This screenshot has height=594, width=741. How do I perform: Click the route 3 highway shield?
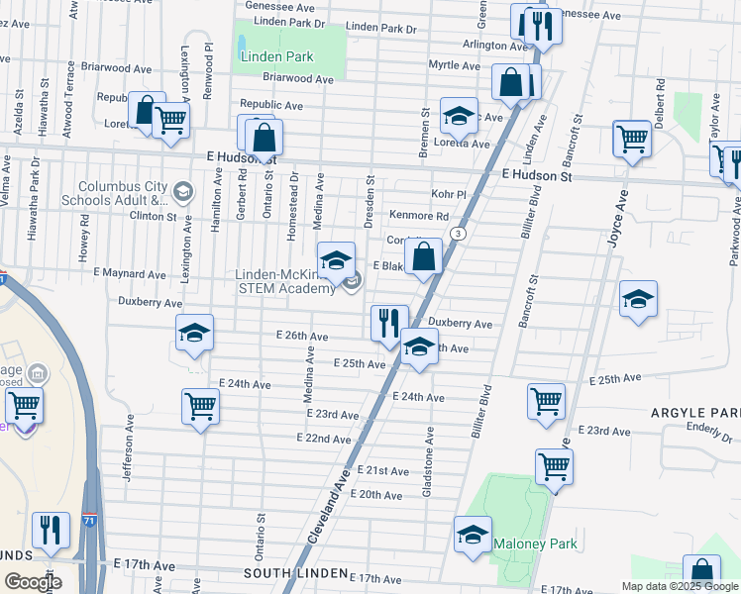click(x=458, y=233)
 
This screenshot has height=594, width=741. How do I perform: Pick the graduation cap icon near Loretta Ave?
click(x=458, y=116)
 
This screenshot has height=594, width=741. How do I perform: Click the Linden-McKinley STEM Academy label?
click(x=285, y=281)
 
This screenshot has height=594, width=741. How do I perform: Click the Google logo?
click(x=32, y=582)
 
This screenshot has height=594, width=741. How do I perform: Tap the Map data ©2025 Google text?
click(x=680, y=586)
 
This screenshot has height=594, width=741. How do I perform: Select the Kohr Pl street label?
click(x=448, y=194)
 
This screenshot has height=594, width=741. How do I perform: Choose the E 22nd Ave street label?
click(x=324, y=439)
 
